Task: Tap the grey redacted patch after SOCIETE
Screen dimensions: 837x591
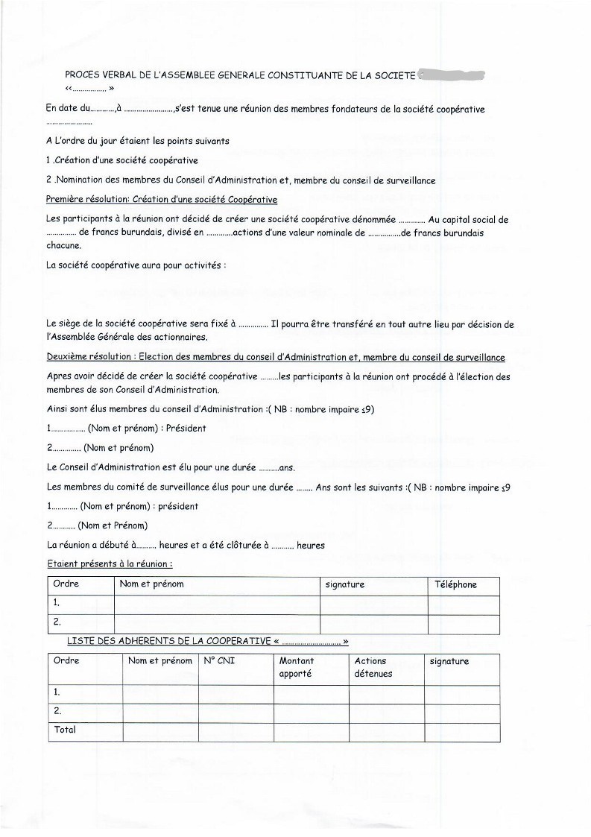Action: point(452,75)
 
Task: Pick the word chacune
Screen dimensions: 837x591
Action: point(63,245)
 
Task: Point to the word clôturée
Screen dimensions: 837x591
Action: point(237,545)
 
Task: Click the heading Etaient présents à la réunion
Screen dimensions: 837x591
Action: point(109,564)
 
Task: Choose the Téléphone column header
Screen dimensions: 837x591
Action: point(455,584)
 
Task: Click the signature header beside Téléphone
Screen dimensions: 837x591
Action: point(345,584)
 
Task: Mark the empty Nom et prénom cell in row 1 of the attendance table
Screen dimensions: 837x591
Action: point(216,604)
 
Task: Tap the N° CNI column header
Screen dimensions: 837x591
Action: point(218,661)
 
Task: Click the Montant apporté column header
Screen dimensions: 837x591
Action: point(297,667)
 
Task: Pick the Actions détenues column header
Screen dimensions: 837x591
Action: point(373,667)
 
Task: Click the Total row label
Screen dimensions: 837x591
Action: point(65,730)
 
